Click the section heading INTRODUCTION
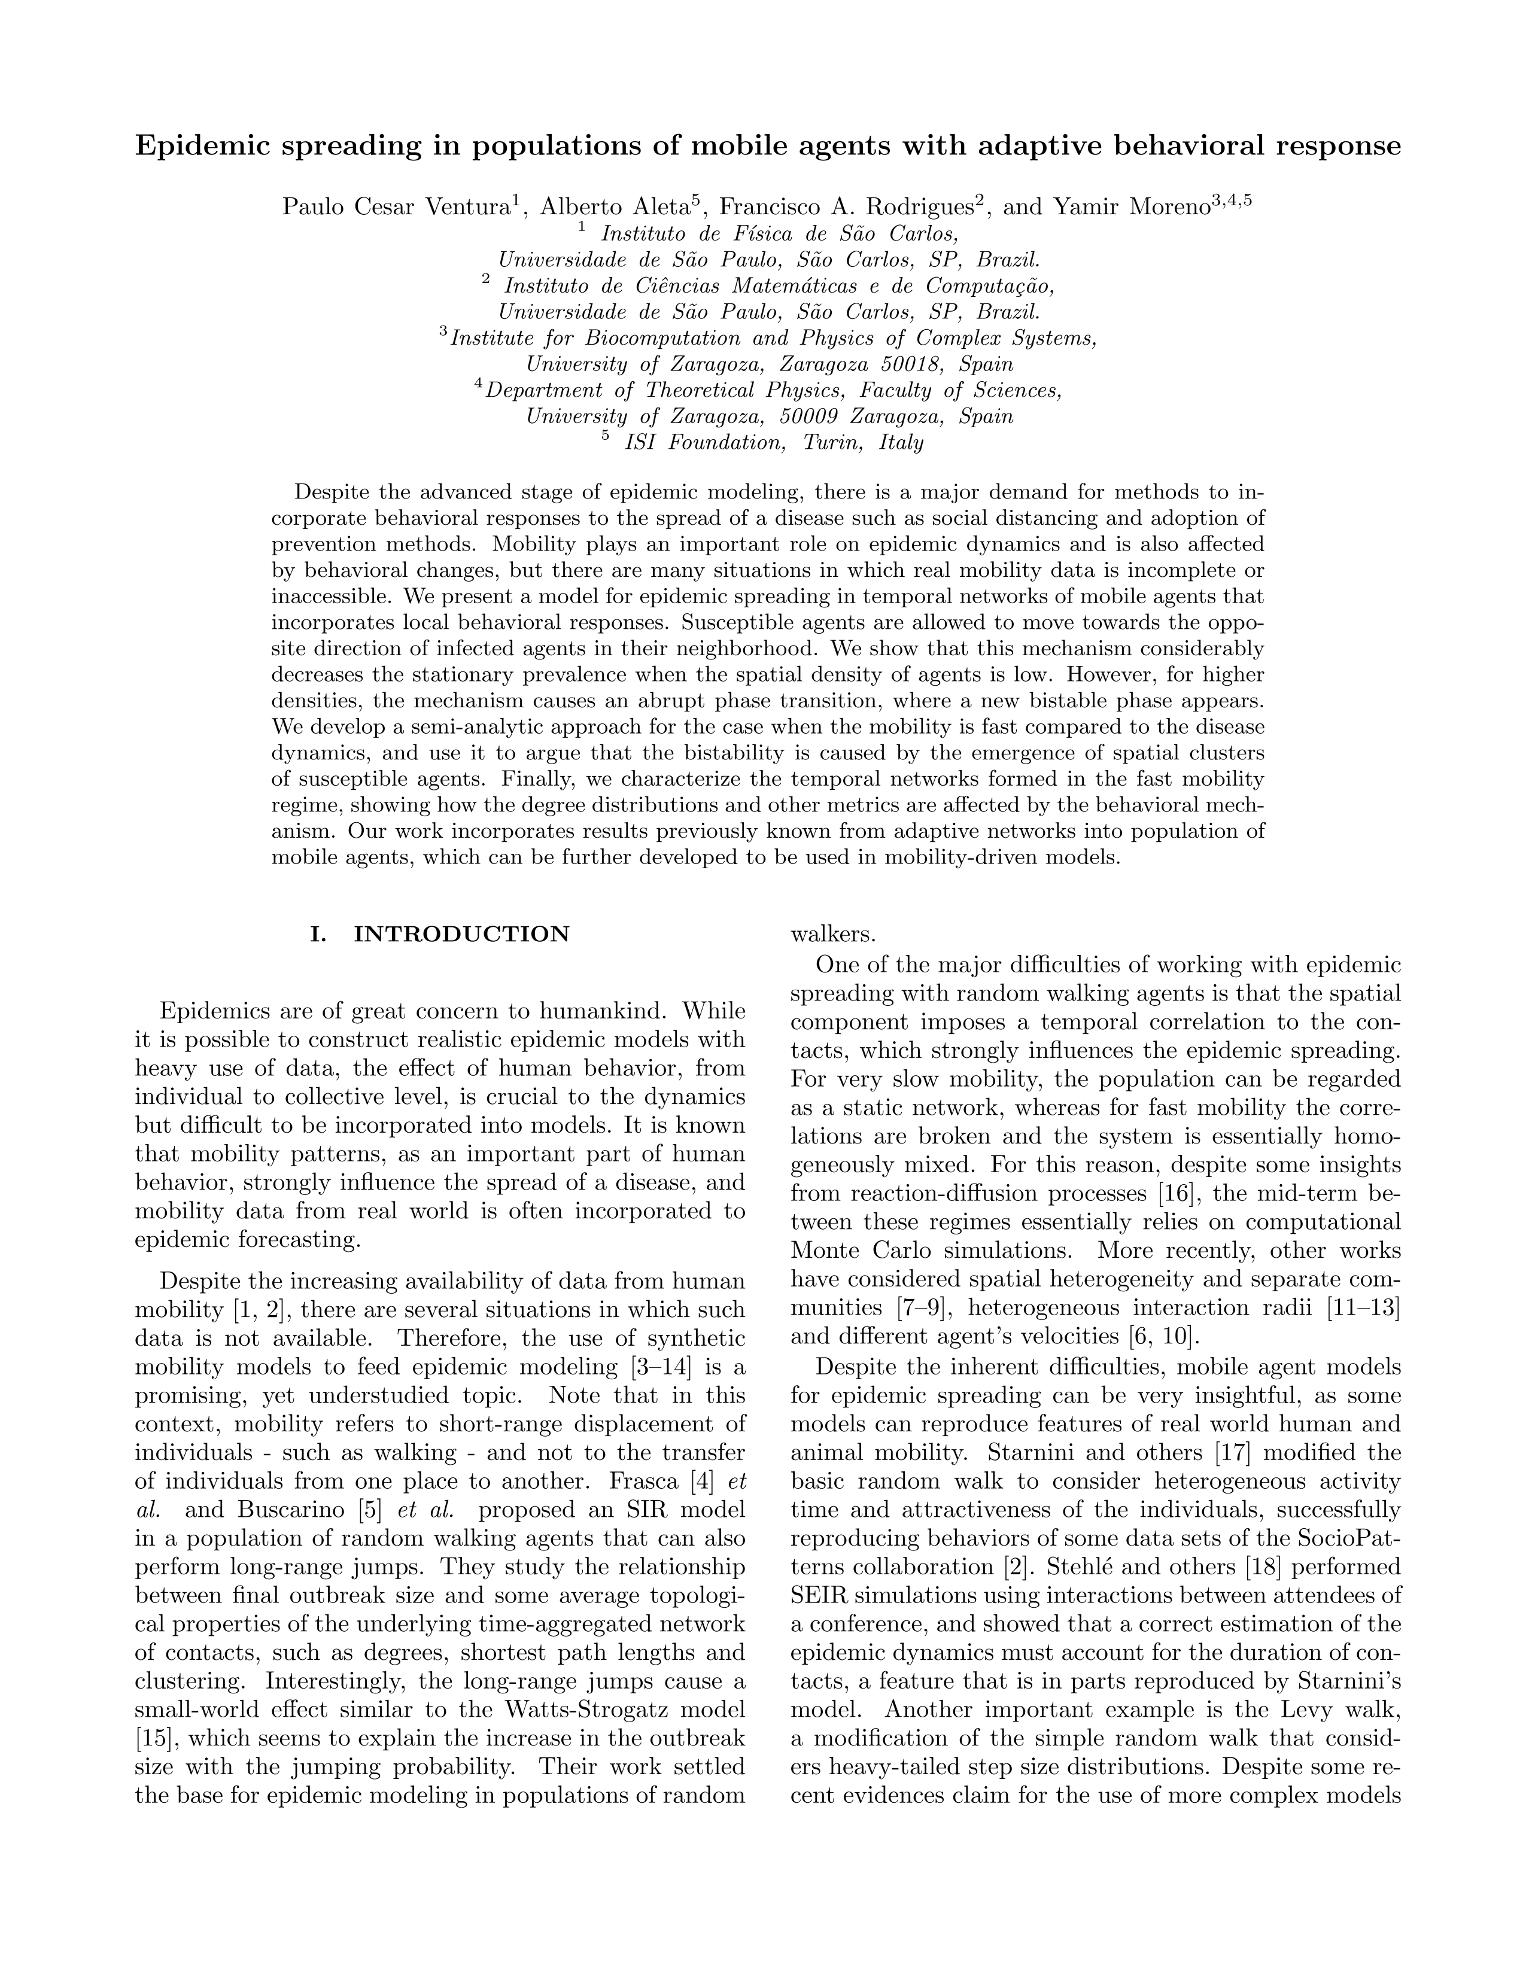click(x=461, y=935)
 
